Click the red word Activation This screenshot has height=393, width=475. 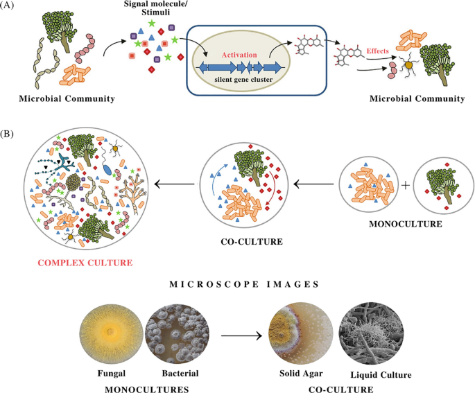click(x=239, y=54)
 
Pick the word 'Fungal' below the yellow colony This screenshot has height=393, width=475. click(x=116, y=374)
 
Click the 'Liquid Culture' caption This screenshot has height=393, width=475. click(x=383, y=375)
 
